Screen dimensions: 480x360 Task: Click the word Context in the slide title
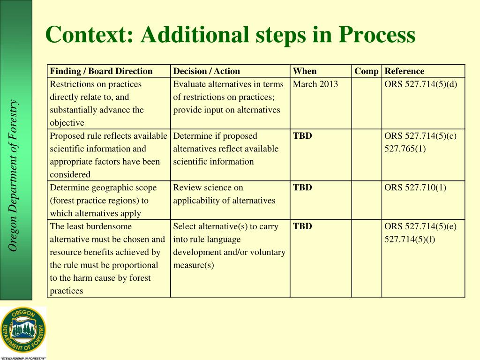pos(89,35)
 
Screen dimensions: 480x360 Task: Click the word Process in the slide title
pos(377,35)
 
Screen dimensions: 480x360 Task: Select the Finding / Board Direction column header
pos(101,71)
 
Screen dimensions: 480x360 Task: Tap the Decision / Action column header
pos(206,71)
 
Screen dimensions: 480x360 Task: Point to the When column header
pos(305,71)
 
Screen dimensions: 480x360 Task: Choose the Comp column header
pos(367,71)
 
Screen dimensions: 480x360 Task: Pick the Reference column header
pos(404,71)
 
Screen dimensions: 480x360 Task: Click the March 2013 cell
pos(315,84)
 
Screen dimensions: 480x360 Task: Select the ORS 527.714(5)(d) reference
pos(420,84)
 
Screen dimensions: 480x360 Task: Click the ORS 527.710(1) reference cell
pos(415,187)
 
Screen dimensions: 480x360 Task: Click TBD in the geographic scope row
pos(302,187)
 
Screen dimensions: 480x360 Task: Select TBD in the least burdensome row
pos(302,226)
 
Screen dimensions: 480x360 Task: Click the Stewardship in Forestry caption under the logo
pos(23,358)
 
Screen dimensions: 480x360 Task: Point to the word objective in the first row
pos(67,123)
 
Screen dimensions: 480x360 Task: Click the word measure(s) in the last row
pos(194,265)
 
